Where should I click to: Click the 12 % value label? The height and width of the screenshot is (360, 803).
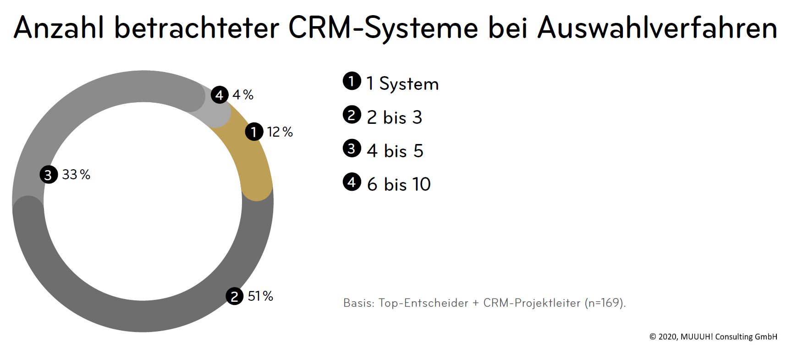pos(280,132)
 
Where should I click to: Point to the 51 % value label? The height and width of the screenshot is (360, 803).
pos(260,296)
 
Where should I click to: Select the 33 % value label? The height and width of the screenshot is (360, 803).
pos(76,175)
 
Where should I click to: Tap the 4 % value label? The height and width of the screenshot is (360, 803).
pos(243,95)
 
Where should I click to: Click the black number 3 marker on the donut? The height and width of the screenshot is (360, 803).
pos(49,175)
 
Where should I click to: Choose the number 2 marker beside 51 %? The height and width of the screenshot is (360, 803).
pos(235,296)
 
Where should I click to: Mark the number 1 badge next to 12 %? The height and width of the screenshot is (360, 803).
pos(254,132)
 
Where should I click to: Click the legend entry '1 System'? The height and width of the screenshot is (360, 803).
pos(402,84)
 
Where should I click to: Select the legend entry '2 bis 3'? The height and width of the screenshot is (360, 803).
pos(394,117)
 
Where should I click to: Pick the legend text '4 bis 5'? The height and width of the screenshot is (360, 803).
pos(395,151)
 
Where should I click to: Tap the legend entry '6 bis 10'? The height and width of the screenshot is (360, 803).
pos(399,184)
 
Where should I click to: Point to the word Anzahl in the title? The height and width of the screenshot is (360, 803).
pos(59,28)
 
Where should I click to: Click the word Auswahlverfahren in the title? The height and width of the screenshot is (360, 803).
pos(657,28)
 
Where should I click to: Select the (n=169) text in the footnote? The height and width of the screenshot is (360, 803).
pos(605,303)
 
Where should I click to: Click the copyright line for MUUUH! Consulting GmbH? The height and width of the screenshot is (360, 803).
pos(713,337)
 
